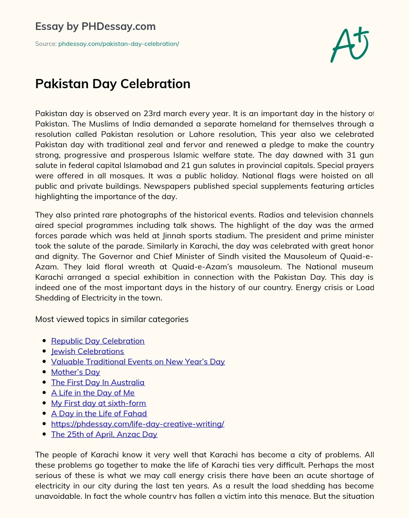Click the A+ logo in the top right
point(349,44)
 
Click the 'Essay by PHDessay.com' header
point(95,26)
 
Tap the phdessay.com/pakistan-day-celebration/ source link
point(119,44)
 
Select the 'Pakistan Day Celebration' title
point(113,84)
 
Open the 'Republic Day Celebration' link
point(98,341)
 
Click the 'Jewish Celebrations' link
point(87,351)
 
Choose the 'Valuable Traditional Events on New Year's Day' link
point(138,362)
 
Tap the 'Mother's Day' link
point(75,372)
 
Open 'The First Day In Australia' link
point(98,382)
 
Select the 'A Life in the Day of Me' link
point(93,393)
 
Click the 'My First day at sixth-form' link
point(99,403)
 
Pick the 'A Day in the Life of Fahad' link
point(99,413)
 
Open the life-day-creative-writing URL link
point(138,424)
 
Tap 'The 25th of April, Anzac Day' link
point(104,434)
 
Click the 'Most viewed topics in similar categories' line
point(112,319)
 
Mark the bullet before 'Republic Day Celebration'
point(44,341)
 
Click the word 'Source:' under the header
point(46,44)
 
